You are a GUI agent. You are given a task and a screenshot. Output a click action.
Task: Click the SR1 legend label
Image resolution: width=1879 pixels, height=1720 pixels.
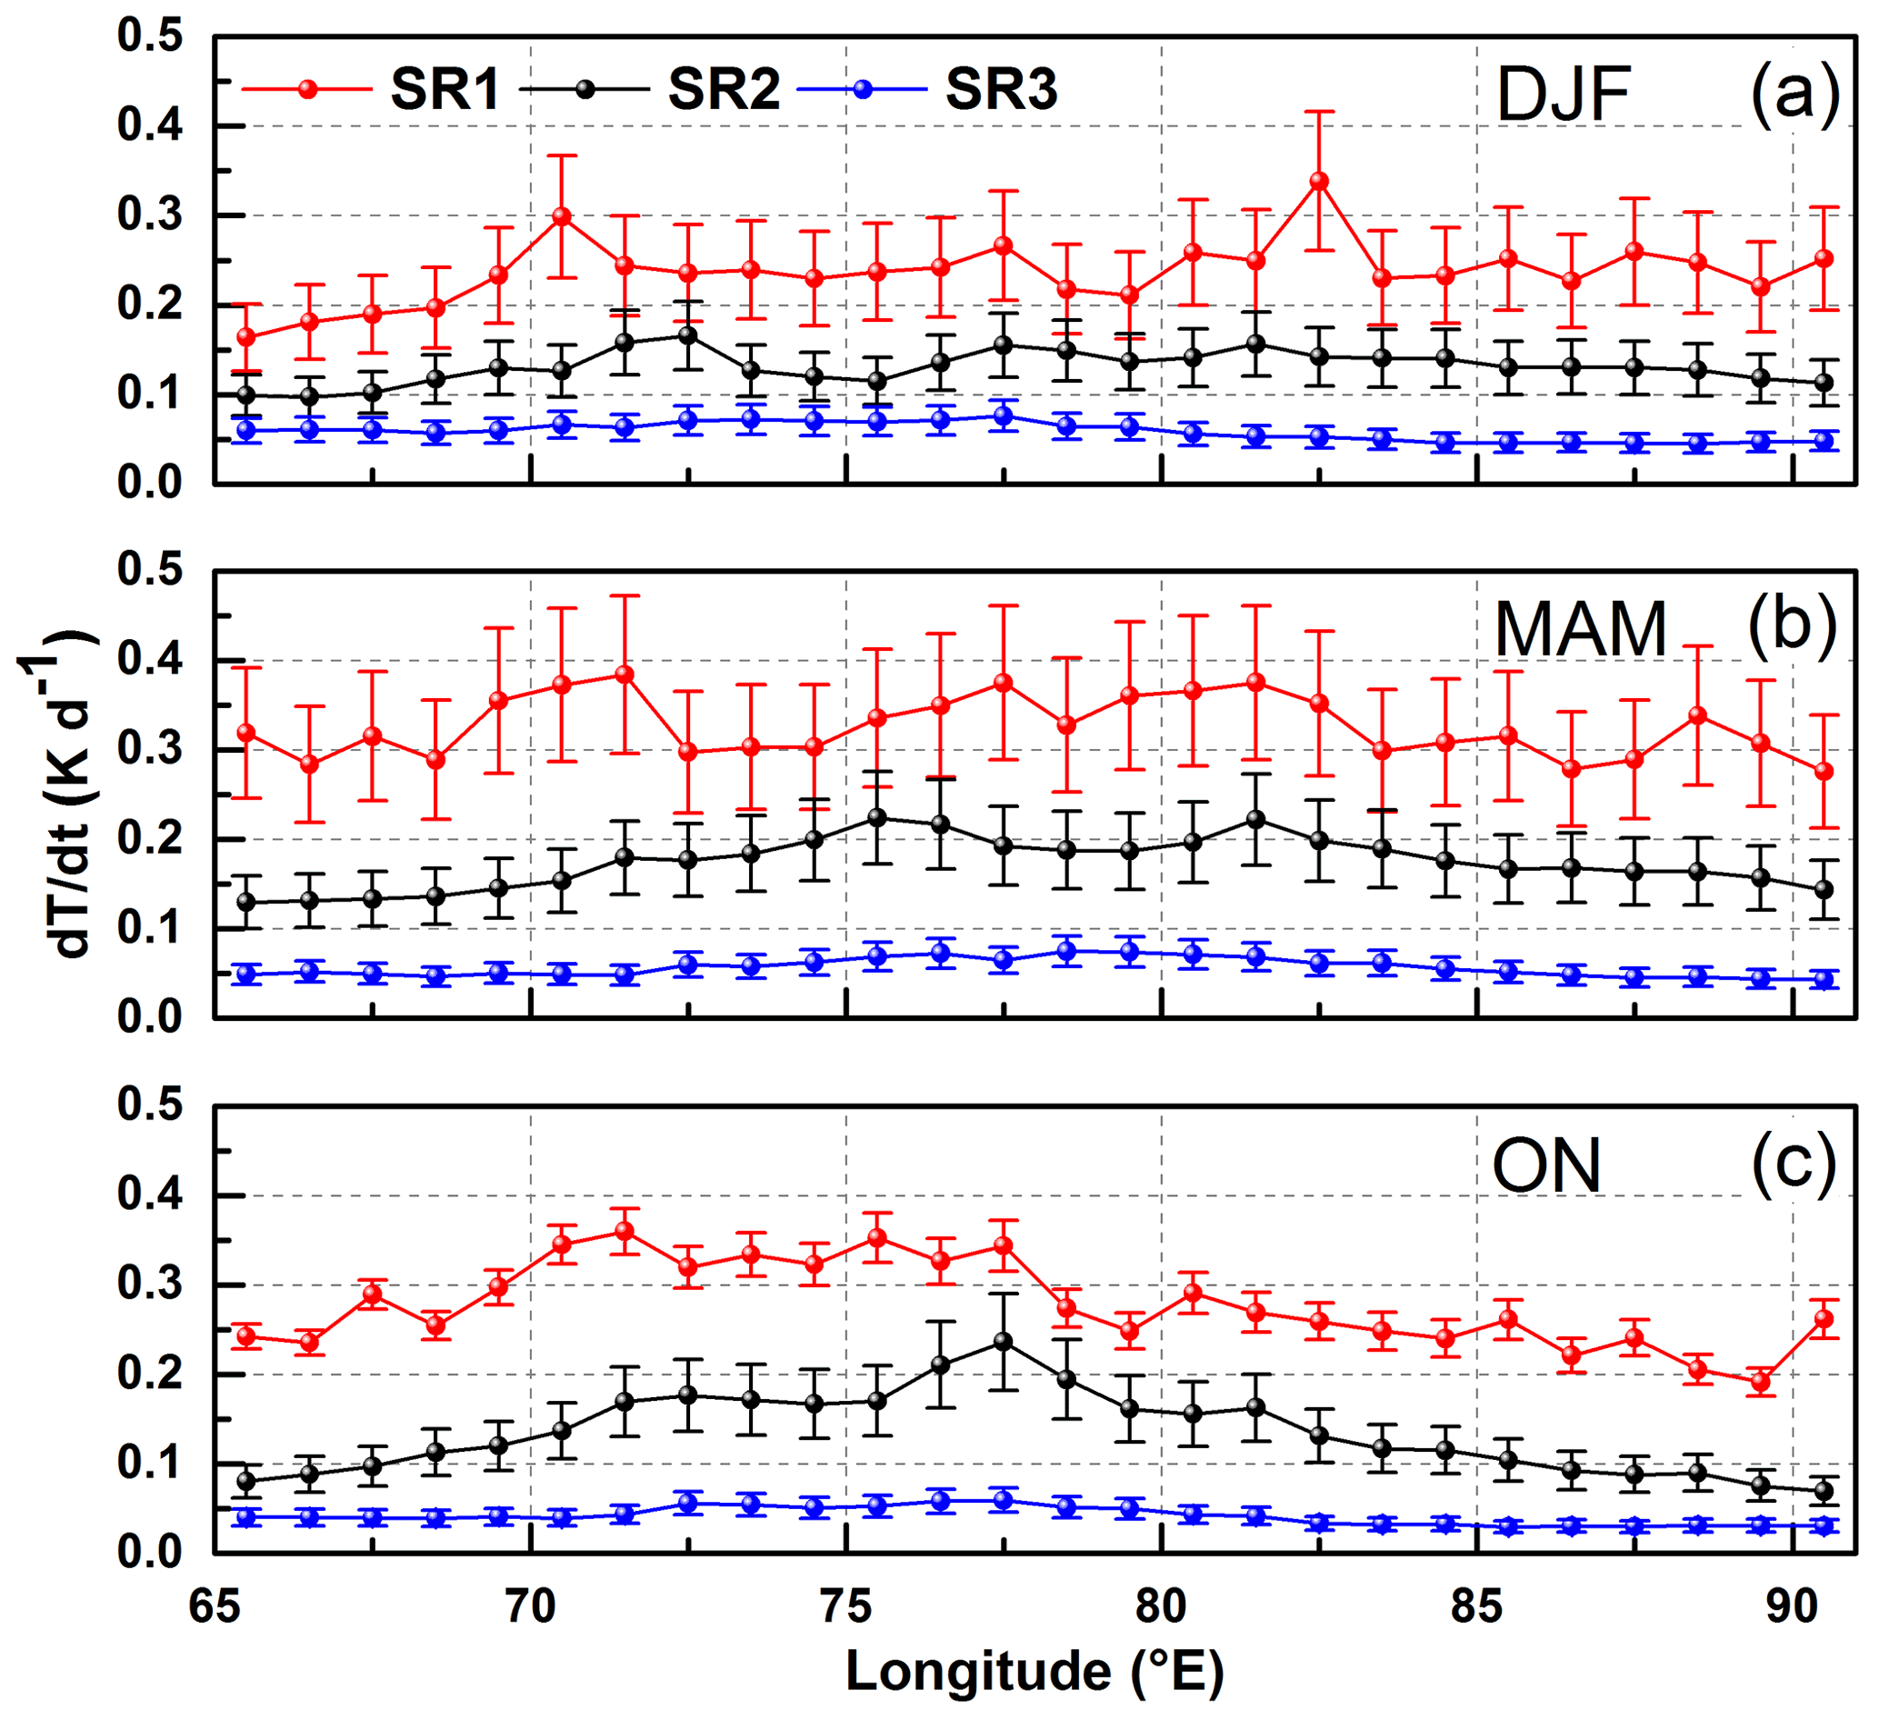click(445, 90)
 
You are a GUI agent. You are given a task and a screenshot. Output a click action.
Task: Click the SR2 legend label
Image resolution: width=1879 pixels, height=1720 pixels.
click(724, 90)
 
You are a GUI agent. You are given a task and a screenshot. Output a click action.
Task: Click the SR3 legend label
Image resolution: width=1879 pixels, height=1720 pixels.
click(1001, 90)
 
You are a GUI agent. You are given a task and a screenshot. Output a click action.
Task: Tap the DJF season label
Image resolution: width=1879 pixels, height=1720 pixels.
click(1563, 95)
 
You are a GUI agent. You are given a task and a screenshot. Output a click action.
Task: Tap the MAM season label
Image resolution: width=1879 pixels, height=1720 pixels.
click(1580, 630)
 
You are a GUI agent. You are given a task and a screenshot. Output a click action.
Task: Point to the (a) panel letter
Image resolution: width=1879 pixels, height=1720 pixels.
click(1794, 94)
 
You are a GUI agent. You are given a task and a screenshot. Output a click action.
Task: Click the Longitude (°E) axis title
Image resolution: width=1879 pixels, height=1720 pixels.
click(1034, 1671)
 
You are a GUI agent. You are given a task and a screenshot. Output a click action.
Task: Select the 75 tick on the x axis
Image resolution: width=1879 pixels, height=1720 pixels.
click(845, 1606)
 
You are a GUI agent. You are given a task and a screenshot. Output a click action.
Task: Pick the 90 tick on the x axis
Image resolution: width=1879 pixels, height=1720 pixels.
click(1794, 1606)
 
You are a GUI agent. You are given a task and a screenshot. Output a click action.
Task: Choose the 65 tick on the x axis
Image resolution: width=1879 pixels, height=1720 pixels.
click(215, 1606)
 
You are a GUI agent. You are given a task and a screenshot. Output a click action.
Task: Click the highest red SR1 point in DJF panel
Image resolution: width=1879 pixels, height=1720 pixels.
click(1319, 181)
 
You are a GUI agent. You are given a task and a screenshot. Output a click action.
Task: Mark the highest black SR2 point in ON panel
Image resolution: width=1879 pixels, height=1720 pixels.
click(1003, 1342)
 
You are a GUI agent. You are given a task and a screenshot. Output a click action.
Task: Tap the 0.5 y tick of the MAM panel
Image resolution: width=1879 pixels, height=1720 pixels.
click(149, 572)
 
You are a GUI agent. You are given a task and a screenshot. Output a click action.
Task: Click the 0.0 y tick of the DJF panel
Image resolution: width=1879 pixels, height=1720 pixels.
click(149, 484)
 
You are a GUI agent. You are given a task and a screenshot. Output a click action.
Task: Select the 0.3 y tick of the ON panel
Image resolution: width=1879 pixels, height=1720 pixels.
click(149, 1285)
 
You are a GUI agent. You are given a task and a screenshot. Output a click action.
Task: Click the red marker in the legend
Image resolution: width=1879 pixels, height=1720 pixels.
click(307, 89)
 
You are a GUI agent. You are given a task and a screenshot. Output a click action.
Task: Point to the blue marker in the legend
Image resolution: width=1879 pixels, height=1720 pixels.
click(863, 89)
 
